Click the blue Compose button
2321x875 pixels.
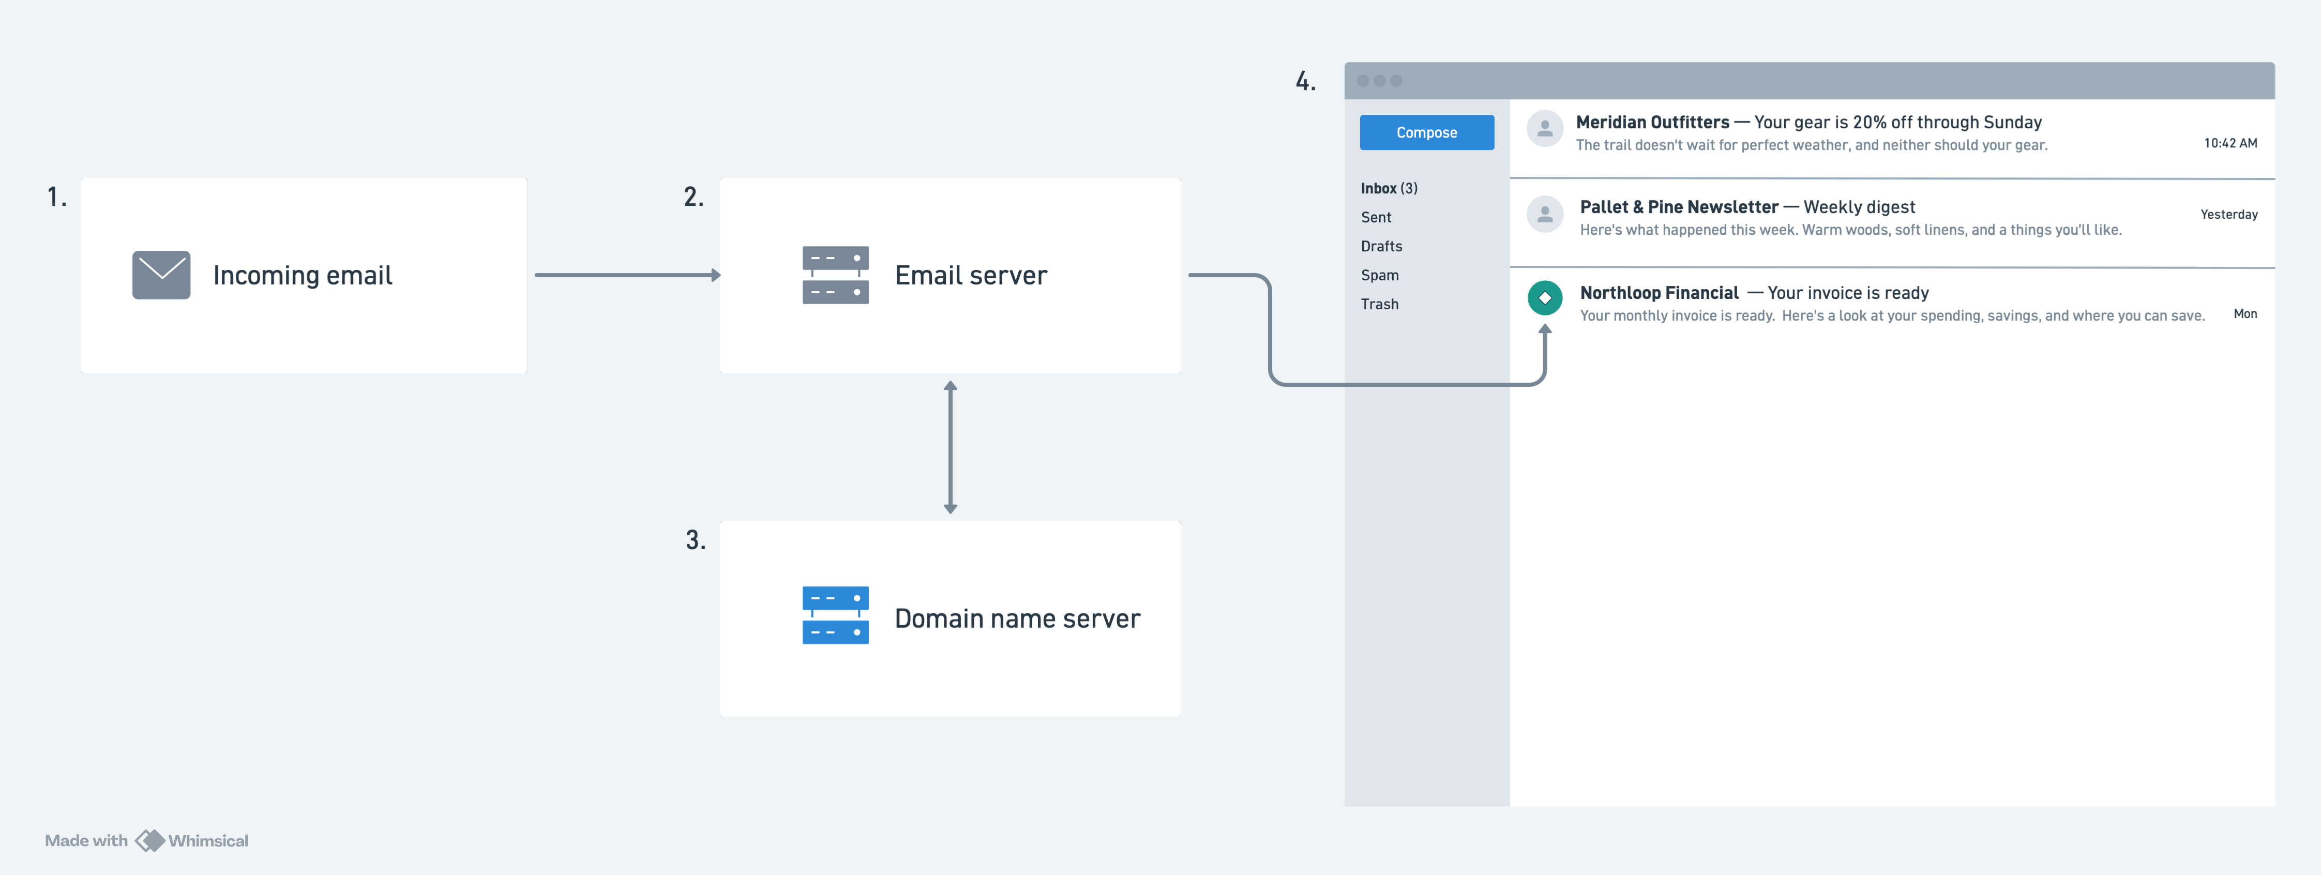1426,132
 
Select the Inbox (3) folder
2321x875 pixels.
1389,188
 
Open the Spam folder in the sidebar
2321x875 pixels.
1379,275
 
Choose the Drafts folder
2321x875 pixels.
1381,246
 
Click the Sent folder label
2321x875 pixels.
1376,217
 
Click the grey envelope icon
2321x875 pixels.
161,275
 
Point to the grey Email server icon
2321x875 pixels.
835,275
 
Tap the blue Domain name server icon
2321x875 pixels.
835,615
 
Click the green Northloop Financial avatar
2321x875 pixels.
1544,297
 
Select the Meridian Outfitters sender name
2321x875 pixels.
1652,123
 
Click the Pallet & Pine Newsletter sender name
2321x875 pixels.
1679,207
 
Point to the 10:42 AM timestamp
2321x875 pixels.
2230,143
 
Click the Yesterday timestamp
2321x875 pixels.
2229,215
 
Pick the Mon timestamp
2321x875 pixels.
2245,313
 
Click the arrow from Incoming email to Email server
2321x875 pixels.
628,275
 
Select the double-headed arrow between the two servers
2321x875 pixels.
950,447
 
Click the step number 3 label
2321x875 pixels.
695,540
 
